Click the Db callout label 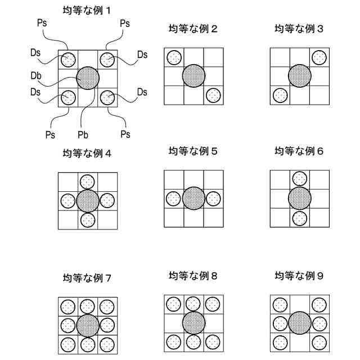35,75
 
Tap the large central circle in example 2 193,75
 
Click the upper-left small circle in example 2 174,57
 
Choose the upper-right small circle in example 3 319,57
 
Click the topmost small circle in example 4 87,182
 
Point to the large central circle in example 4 87,201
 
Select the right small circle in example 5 213,199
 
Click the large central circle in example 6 299,198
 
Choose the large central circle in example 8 193,322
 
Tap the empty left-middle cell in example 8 173,322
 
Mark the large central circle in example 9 299,323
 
